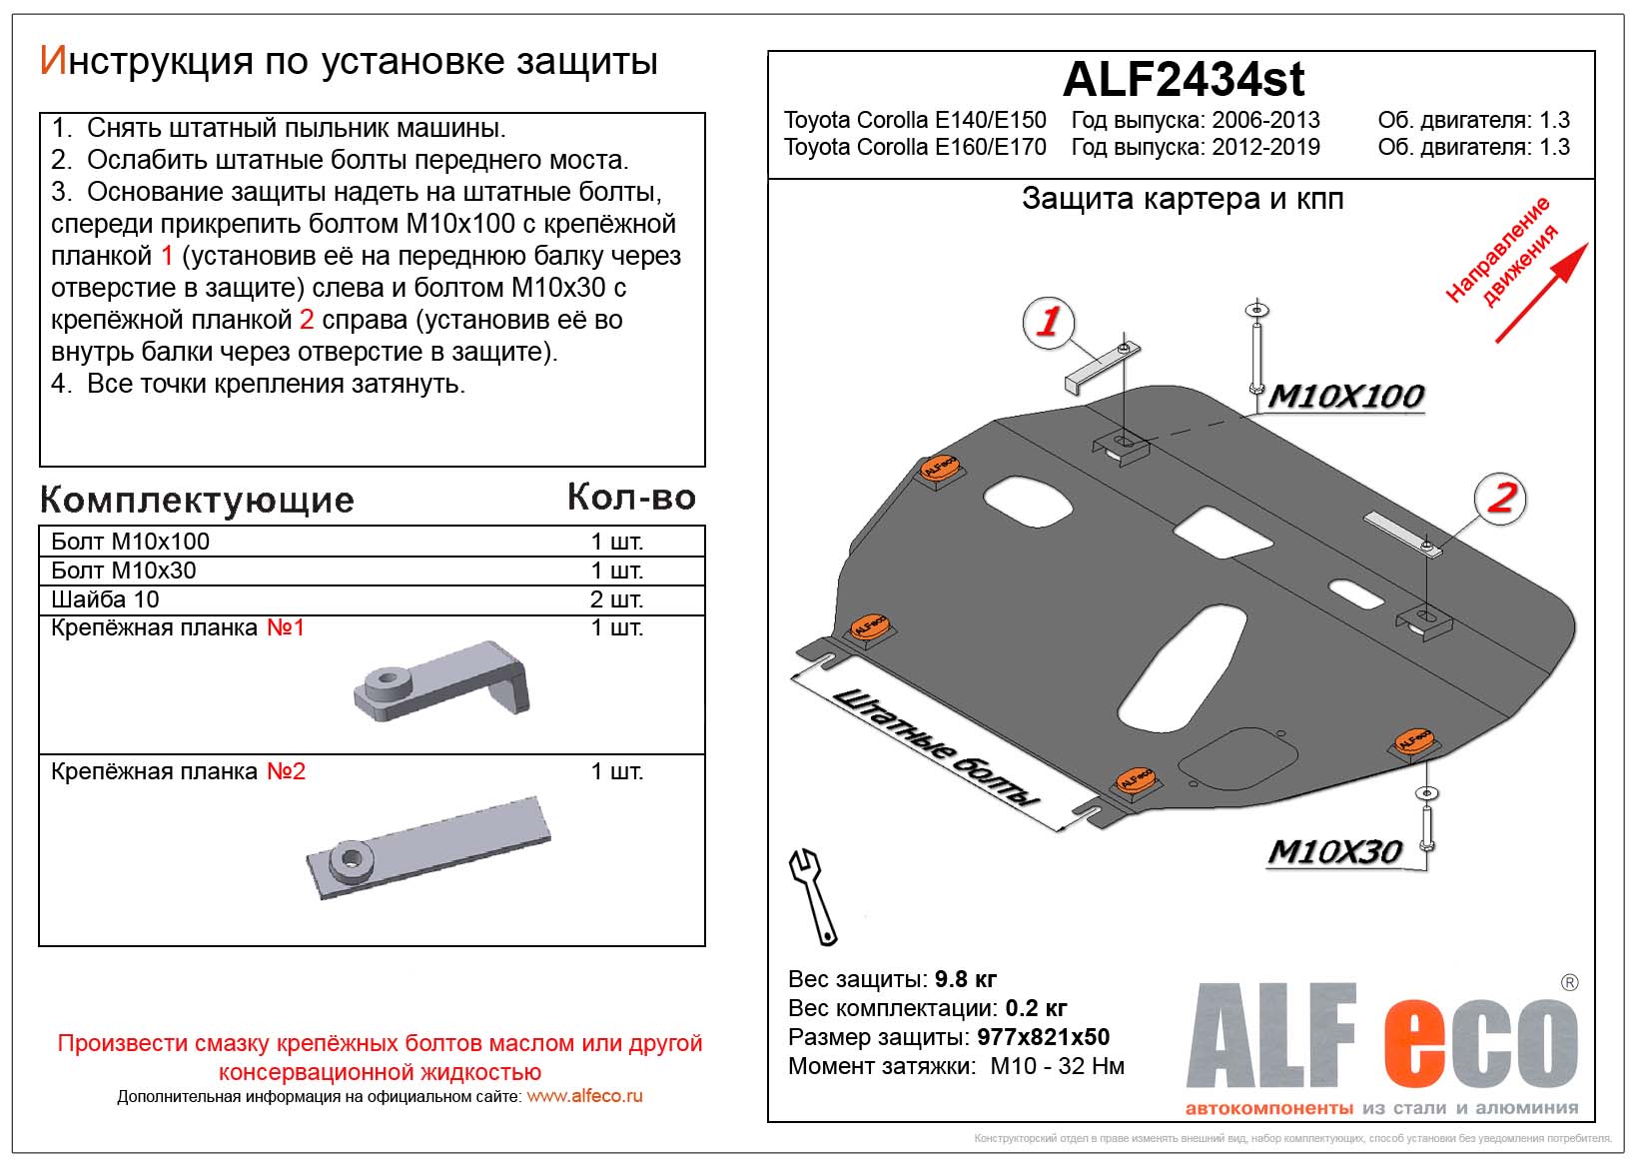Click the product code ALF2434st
1183,79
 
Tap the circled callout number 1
1048,322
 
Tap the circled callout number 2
1501,497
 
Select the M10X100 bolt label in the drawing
1346,397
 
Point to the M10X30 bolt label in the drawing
1334,852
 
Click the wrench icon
813,895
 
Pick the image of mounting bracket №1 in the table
442,680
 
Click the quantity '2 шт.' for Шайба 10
616,599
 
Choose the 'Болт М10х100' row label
131,542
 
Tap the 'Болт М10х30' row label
124,571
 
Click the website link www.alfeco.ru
584,1096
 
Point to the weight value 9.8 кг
965,979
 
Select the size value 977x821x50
1043,1037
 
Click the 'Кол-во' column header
630,497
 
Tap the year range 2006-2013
1265,120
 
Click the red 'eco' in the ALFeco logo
1480,1039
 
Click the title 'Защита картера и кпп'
1183,199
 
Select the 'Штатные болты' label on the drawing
934,746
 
